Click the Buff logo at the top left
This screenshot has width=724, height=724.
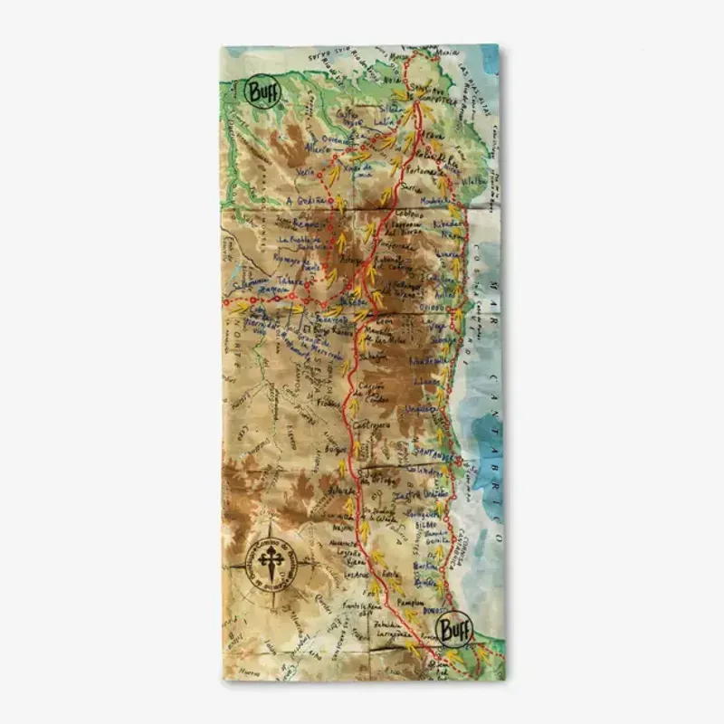tap(262, 91)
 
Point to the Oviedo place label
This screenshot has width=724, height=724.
tap(432, 308)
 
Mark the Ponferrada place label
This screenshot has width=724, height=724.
tap(393, 244)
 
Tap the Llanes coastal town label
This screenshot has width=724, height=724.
tap(424, 384)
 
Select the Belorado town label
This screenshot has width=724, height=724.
tap(343, 490)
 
